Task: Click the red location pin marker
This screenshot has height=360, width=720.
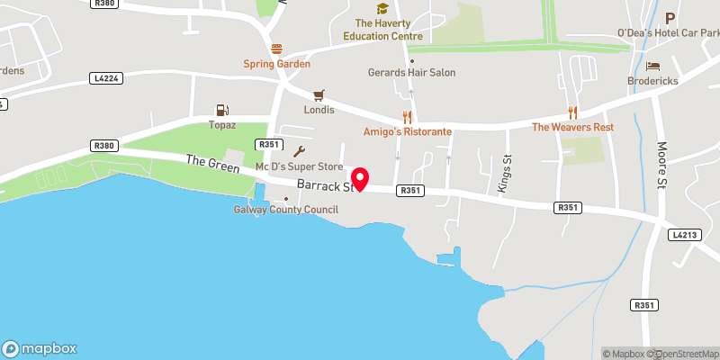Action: click(x=360, y=178)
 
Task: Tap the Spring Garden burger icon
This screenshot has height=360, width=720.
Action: click(x=276, y=49)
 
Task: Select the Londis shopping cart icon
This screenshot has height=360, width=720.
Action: click(x=318, y=94)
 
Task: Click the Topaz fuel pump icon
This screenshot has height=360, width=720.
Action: click(x=221, y=110)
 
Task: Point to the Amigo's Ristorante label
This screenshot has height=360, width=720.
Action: click(x=408, y=131)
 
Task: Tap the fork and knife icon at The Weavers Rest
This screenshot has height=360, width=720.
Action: click(x=572, y=112)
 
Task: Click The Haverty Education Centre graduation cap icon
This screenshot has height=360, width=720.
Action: click(x=382, y=8)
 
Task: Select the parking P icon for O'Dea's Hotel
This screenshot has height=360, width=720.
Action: click(x=670, y=18)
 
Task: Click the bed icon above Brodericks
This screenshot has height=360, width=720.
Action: click(x=653, y=66)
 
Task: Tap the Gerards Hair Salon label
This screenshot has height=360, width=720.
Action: click(x=412, y=72)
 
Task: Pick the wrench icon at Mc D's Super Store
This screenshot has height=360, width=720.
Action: click(x=300, y=151)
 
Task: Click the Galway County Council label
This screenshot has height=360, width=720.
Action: click(x=286, y=210)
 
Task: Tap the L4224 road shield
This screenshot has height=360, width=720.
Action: click(x=104, y=79)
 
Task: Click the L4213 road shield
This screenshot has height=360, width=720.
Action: click(x=683, y=235)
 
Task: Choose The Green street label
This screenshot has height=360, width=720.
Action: click(x=212, y=164)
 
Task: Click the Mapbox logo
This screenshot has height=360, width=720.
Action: click(x=40, y=348)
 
